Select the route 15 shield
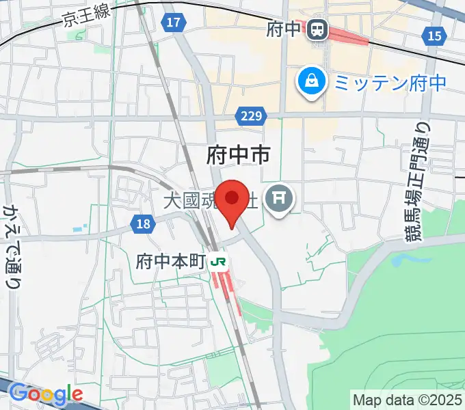434,36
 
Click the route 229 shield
252,117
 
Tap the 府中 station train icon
317,29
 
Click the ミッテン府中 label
389,83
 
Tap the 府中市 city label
238,155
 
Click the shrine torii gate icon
279,199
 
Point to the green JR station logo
220,261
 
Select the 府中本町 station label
171,261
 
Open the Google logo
46,394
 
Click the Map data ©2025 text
406,398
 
